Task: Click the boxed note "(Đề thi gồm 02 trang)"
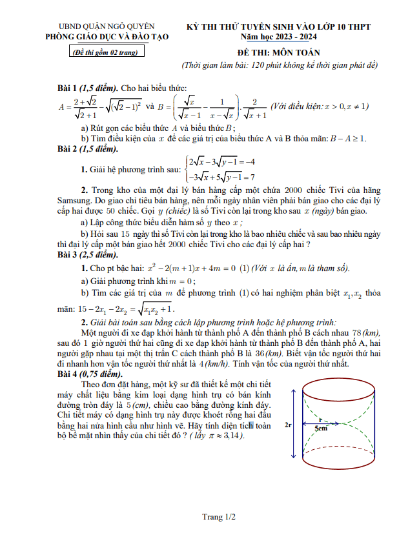coord(107,52)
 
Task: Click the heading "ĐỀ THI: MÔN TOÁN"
coord(278,52)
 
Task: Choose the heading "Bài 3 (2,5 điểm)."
coord(87,256)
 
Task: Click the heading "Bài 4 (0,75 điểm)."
coord(90,374)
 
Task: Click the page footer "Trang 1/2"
coord(219,517)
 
